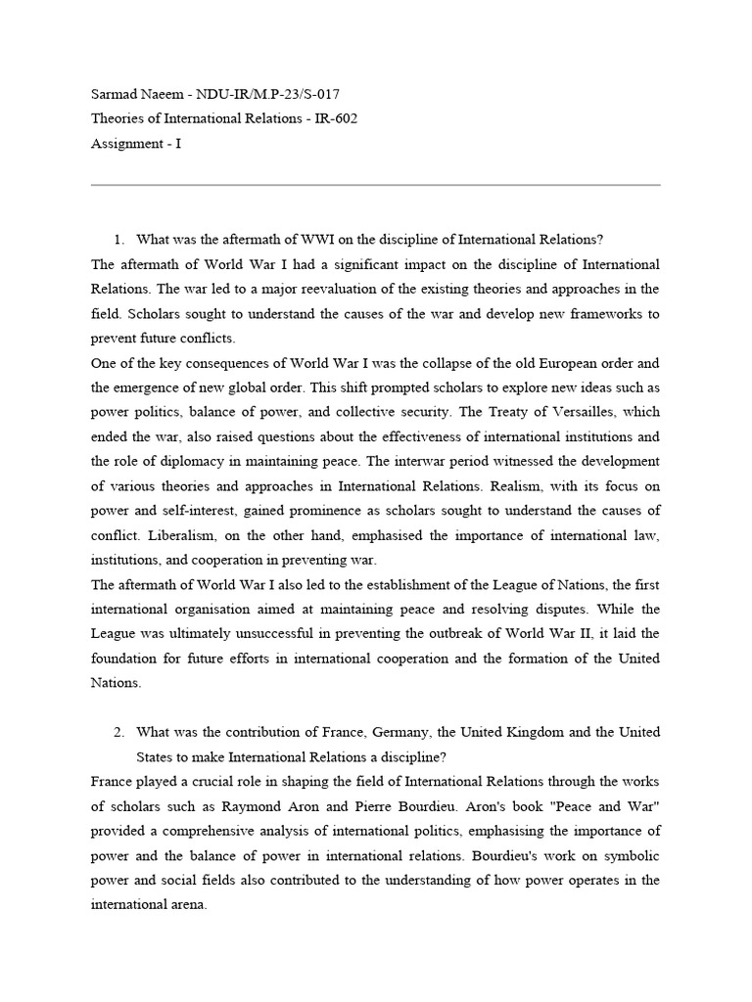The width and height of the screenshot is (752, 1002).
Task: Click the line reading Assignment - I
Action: pyautogui.click(x=136, y=143)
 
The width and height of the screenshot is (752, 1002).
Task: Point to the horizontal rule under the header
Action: pyautogui.click(x=375, y=185)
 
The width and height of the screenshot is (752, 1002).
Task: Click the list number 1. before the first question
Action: pyautogui.click(x=119, y=240)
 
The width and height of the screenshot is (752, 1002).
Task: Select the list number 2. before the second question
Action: pyautogui.click(x=119, y=732)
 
